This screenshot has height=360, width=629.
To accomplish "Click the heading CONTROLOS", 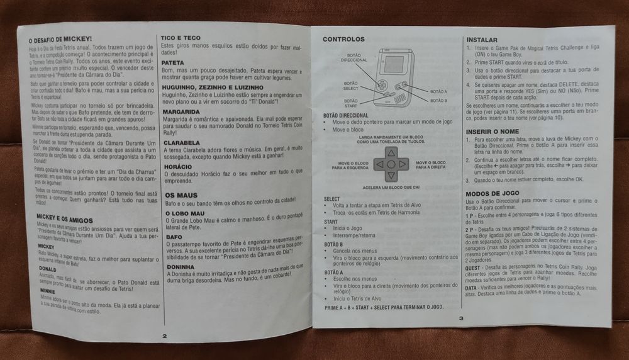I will (x=343, y=39).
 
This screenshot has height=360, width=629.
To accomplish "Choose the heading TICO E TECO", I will (x=181, y=38).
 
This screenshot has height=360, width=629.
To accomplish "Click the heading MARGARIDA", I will (x=182, y=111).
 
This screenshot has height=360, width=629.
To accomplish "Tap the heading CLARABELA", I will (x=182, y=143).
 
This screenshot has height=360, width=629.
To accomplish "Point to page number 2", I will (x=165, y=336).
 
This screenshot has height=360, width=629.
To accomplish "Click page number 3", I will (x=461, y=318).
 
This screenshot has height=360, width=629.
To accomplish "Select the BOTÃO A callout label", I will (x=439, y=92).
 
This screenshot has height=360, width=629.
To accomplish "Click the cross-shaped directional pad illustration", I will (x=391, y=164).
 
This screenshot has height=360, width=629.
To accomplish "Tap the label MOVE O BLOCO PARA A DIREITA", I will (x=431, y=164).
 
